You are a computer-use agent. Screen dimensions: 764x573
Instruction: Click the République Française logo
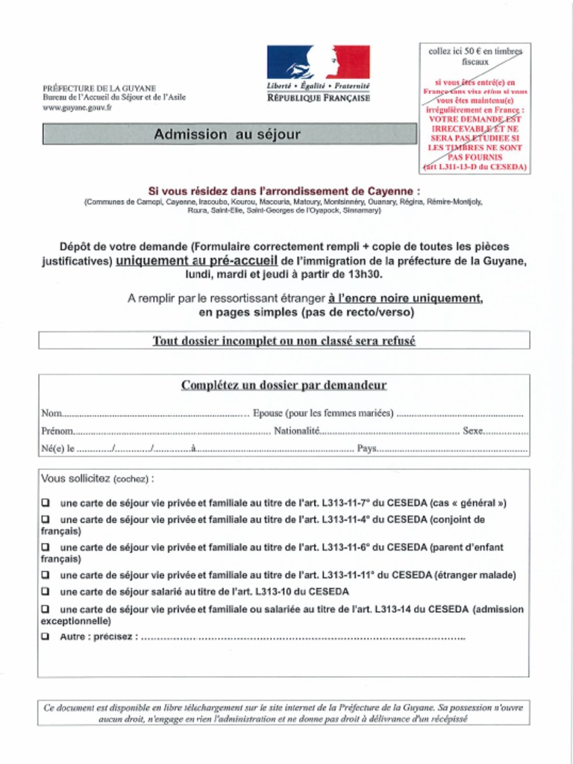(318, 73)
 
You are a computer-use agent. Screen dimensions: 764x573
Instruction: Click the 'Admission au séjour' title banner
(228, 134)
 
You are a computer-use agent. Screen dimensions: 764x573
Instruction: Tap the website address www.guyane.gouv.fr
(77, 107)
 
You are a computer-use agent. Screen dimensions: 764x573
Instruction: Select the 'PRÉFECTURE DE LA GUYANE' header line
(98, 88)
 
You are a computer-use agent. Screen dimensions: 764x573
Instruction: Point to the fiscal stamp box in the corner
(475, 108)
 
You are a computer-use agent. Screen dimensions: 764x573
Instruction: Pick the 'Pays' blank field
(452, 449)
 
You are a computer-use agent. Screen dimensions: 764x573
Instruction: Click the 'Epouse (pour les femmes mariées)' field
(460, 413)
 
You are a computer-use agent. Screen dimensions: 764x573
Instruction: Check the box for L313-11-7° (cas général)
(46, 503)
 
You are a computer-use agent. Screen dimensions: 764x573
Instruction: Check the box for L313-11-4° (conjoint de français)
(46, 519)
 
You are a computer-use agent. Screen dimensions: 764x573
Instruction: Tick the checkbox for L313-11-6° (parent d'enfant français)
(46, 547)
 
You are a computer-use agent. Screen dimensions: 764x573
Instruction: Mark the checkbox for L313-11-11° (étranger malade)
(46, 575)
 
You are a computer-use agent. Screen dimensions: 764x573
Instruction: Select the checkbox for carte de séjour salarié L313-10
(46, 592)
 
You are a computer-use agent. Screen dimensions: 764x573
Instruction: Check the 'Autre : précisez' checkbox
(46, 636)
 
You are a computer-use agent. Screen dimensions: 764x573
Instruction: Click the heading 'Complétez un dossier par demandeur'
(284, 386)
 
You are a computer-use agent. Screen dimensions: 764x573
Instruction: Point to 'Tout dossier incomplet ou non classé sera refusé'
(284, 341)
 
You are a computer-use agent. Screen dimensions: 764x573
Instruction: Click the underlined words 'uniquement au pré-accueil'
(197, 260)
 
